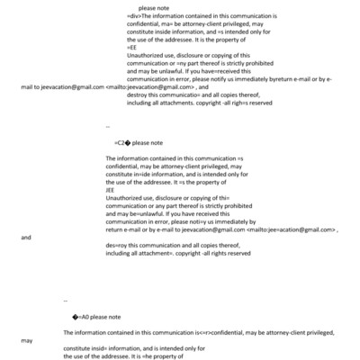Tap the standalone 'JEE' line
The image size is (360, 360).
pos(111,190)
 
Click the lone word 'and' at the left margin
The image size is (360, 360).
pos(25,238)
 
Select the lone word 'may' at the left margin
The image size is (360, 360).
pos(26,342)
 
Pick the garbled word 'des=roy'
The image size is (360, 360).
pos(117,246)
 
